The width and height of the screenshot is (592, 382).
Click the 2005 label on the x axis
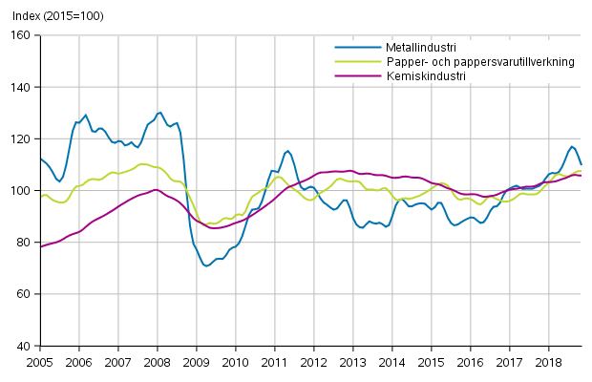coord(39,364)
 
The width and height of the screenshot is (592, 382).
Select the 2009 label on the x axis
coord(195,364)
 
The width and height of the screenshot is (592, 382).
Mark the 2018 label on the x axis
coord(548,364)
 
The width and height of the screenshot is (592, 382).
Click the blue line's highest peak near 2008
coord(159,113)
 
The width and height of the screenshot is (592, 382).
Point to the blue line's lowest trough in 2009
coord(206,265)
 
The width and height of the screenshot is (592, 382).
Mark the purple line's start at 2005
coord(40,246)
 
